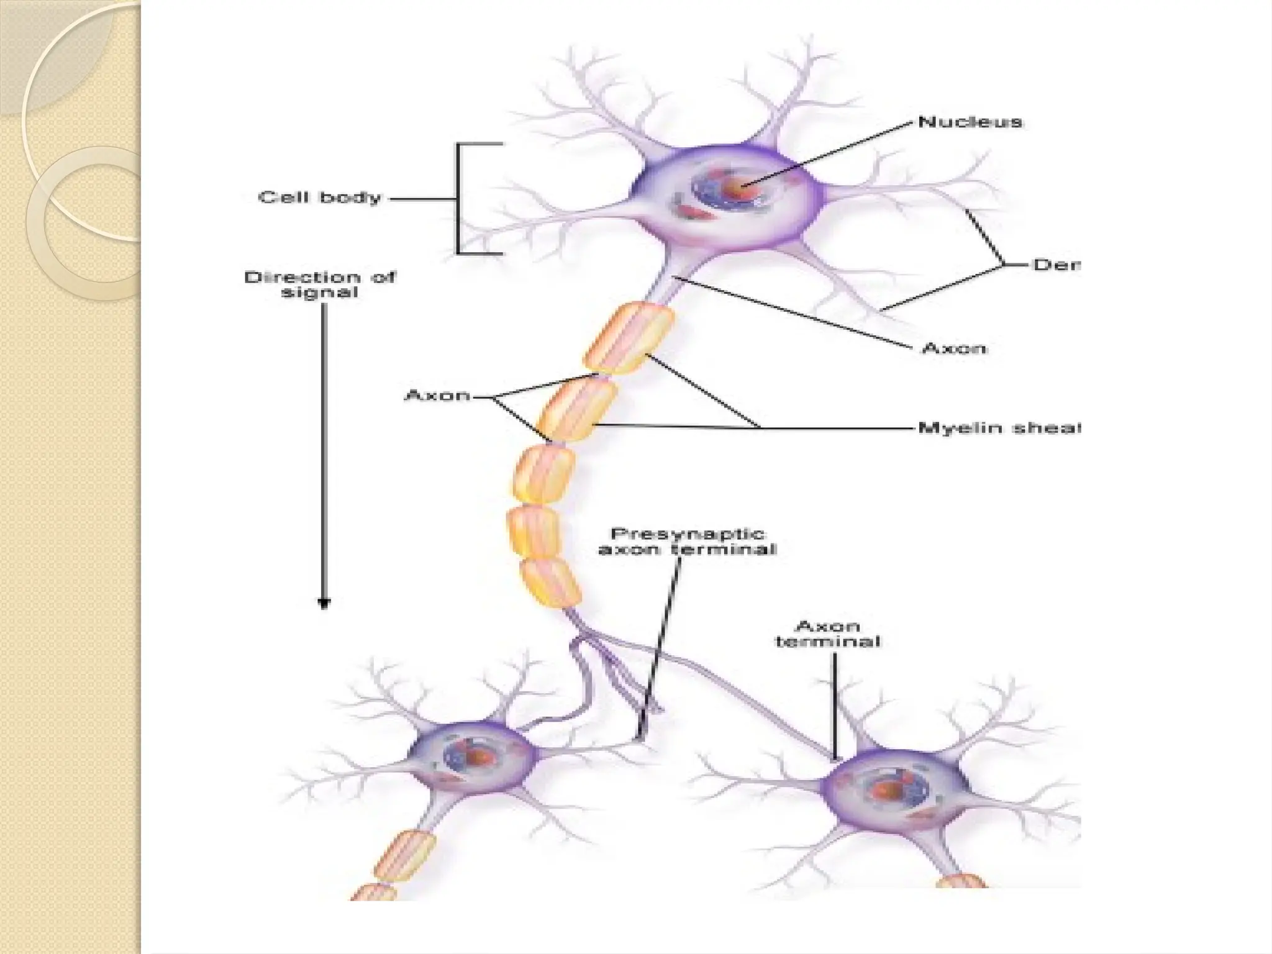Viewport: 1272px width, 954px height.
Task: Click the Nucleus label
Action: click(970, 122)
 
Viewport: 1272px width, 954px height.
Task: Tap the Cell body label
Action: click(319, 198)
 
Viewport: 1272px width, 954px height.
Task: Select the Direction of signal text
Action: click(320, 284)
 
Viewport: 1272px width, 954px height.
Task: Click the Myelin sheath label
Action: click(999, 428)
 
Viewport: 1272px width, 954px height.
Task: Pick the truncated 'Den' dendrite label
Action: click(1056, 265)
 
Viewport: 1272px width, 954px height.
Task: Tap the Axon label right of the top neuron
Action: click(954, 348)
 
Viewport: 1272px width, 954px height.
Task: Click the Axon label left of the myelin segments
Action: click(438, 395)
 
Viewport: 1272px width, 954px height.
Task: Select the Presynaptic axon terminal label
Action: click(687, 541)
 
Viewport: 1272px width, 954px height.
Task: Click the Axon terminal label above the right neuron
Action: click(828, 633)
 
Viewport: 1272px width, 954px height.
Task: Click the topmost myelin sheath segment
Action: click(629, 337)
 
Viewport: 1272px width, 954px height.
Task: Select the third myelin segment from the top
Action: click(544, 475)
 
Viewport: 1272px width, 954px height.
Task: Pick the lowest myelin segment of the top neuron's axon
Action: click(550, 582)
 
